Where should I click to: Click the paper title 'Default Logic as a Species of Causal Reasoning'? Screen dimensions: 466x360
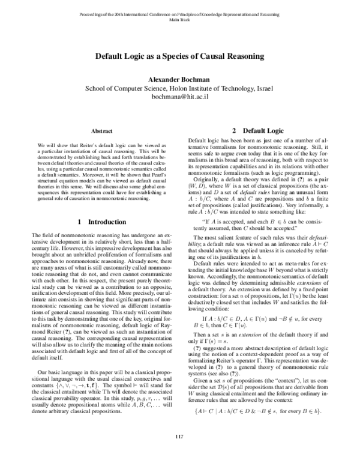(x=180, y=56)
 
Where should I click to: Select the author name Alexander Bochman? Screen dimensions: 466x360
(x=180, y=79)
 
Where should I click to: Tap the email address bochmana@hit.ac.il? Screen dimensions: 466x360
(x=180, y=95)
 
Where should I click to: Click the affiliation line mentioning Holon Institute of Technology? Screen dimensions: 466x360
(x=180, y=87)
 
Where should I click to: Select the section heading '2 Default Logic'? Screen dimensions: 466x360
(x=259, y=130)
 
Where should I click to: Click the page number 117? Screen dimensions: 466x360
(x=180, y=452)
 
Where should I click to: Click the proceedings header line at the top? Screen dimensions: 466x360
(x=180, y=13)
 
